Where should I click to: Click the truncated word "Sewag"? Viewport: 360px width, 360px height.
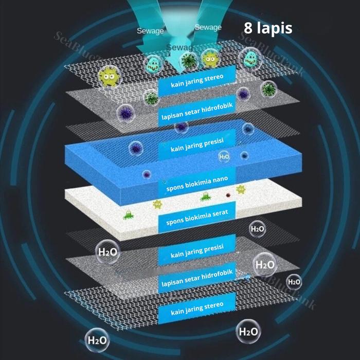pyautogui.click(x=179, y=47)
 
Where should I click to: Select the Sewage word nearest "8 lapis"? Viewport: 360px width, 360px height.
pyautogui.click(x=208, y=27)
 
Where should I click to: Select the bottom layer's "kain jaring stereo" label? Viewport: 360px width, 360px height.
pyautogui.click(x=197, y=309)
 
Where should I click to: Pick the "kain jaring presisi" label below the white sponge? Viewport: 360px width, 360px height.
pyautogui.click(x=197, y=251)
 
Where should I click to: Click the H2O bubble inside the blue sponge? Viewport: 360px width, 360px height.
pyautogui.click(x=224, y=156)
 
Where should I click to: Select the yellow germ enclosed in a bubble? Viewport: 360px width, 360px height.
pyautogui.click(x=210, y=59)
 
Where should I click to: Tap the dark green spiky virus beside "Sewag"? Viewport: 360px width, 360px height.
pyautogui.click(x=188, y=61)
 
